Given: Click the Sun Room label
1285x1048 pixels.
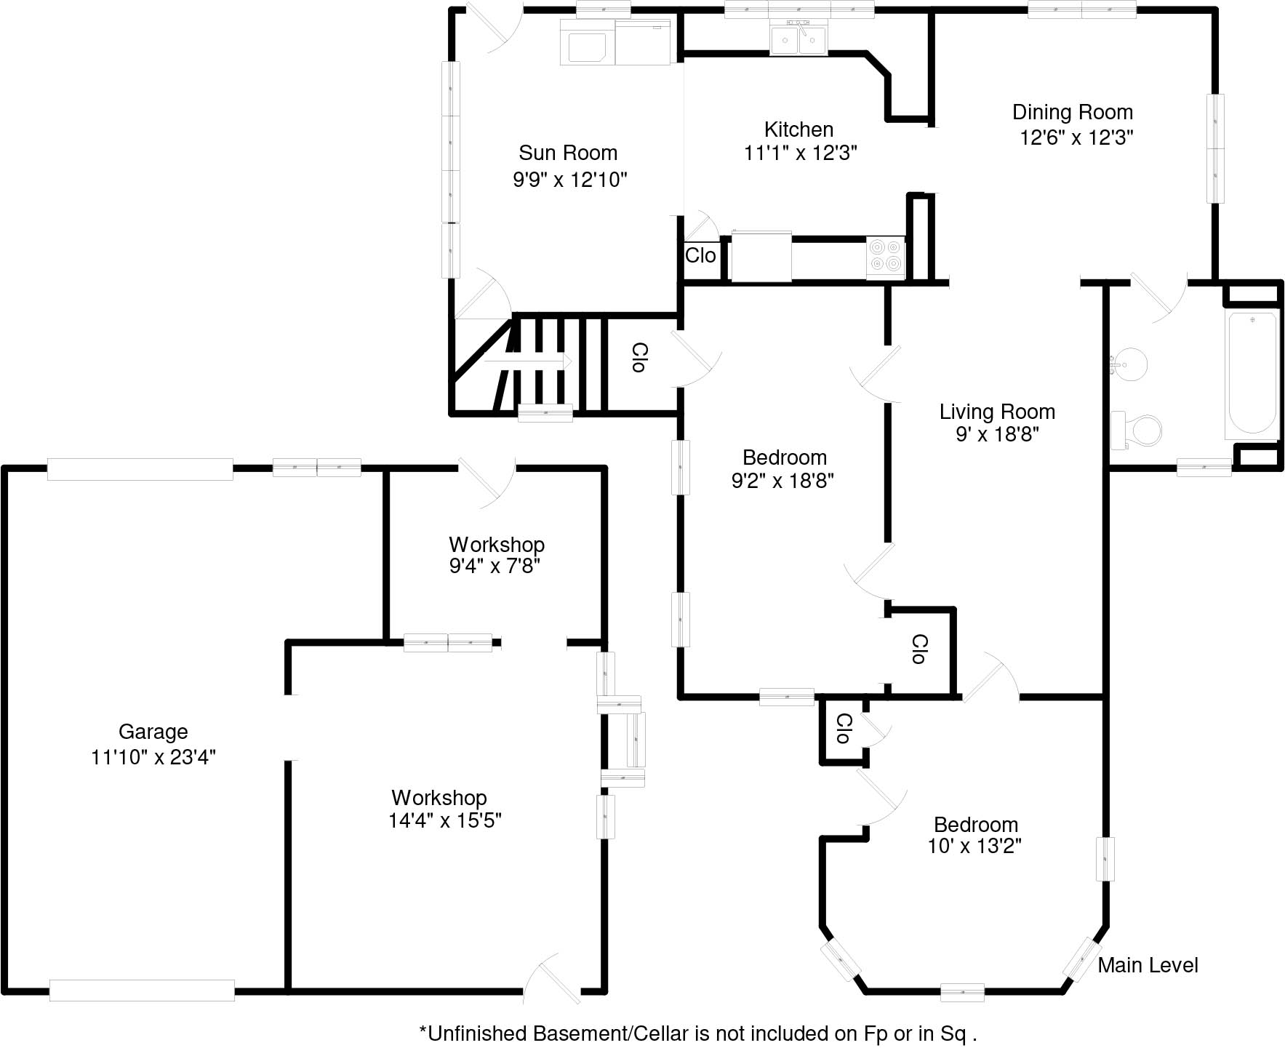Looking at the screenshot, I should click(x=567, y=153).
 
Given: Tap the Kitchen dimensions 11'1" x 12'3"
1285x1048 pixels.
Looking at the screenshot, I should click(x=800, y=153).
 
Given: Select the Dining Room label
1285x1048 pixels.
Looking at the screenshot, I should click(x=1072, y=112).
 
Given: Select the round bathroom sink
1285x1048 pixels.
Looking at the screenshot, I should click(x=1129, y=361).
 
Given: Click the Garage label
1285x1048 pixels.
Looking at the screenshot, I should click(x=153, y=732).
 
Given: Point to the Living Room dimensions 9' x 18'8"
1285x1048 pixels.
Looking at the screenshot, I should click(x=996, y=434).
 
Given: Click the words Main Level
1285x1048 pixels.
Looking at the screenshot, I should click(x=1148, y=965).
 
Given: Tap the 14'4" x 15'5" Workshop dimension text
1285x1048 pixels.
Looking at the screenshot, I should click(x=445, y=820).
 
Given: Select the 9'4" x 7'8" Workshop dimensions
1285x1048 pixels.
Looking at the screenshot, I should click(x=495, y=566).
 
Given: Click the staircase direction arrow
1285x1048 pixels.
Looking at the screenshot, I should click(x=529, y=361).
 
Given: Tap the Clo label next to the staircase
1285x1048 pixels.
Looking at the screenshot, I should click(x=638, y=358).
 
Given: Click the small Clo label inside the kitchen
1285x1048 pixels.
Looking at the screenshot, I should click(x=700, y=255).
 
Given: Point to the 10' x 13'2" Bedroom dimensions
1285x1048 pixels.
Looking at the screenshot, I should click(x=974, y=847).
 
